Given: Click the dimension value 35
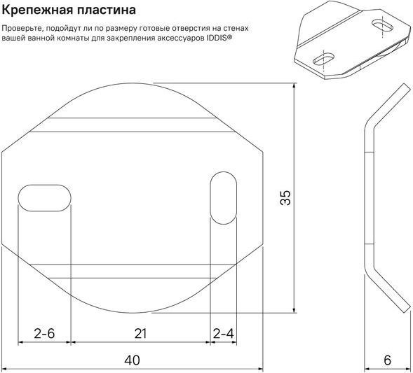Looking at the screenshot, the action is click(x=285, y=197).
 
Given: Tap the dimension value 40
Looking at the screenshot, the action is click(x=133, y=360).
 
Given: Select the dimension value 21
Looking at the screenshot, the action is click(x=140, y=334).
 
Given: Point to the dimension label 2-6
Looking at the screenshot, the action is click(x=44, y=334).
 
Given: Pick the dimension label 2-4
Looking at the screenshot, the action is click(x=224, y=334).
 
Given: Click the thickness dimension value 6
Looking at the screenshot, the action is click(x=388, y=360).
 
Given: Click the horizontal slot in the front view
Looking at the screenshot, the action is click(x=44, y=198).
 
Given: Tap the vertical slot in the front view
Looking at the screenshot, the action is click(x=224, y=198).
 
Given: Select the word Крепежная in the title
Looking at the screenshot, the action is click(x=38, y=10).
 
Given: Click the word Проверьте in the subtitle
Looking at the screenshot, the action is click(x=22, y=29).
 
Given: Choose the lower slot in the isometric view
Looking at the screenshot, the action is click(x=324, y=59).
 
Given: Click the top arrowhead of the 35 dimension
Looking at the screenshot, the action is click(x=294, y=86).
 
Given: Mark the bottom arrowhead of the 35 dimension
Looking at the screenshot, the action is click(x=294, y=310).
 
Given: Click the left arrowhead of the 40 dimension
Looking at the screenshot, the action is click(x=5, y=369).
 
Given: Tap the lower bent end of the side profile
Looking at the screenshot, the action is click(x=407, y=309).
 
